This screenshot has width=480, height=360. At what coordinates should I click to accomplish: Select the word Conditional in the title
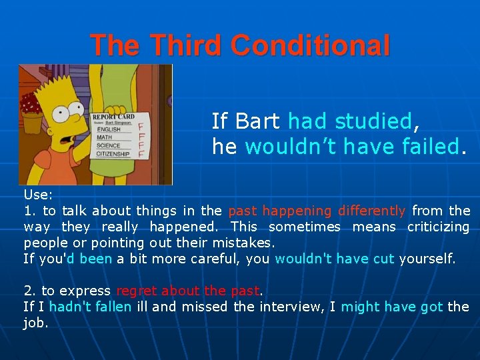pyautogui.click(x=311, y=45)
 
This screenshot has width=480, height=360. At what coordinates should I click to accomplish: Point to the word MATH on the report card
pyautogui.click(x=105, y=137)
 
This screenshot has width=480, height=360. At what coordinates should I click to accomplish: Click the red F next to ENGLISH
pyautogui.click(x=141, y=125)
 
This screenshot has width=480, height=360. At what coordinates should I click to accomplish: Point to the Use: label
pyautogui.click(x=38, y=195)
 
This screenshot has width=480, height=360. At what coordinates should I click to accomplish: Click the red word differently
pyautogui.click(x=371, y=211)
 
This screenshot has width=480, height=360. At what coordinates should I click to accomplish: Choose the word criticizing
pyautogui.click(x=439, y=227)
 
